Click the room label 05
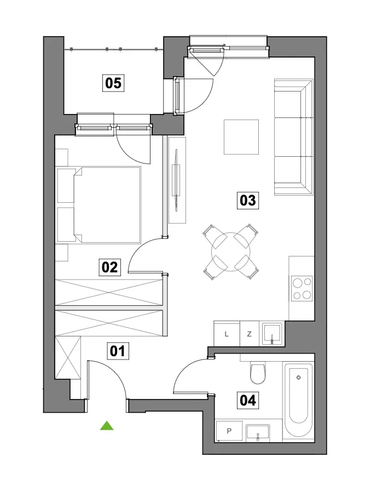(113, 83)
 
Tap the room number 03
(248, 201)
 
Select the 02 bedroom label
(109, 267)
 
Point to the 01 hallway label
(118, 351)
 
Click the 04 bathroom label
(248, 400)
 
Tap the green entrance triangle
(107, 426)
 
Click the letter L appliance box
(227, 334)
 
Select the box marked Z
(250, 334)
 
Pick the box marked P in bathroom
(229, 431)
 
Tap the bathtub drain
(298, 378)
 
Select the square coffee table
(241, 136)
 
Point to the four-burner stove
(302, 288)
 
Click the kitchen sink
(272, 334)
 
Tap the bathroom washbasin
(258, 432)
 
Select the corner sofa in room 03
(293, 137)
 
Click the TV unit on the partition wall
(177, 180)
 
